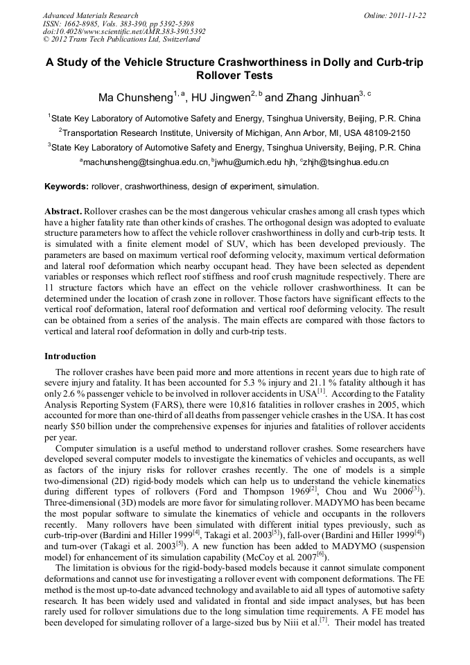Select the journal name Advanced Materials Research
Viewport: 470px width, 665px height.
click(x=90, y=15)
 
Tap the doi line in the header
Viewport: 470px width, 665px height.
click(x=123, y=31)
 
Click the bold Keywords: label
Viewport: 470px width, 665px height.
click(x=67, y=187)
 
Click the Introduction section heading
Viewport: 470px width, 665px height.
click(x=70, y=356)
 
